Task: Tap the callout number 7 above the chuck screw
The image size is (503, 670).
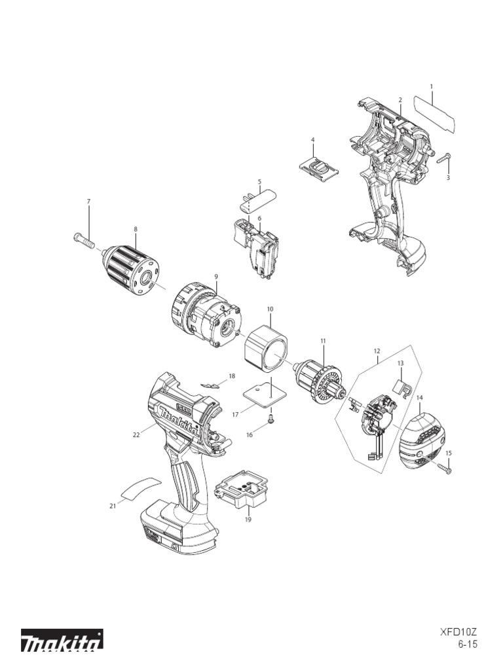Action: (x=88, y=201)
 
